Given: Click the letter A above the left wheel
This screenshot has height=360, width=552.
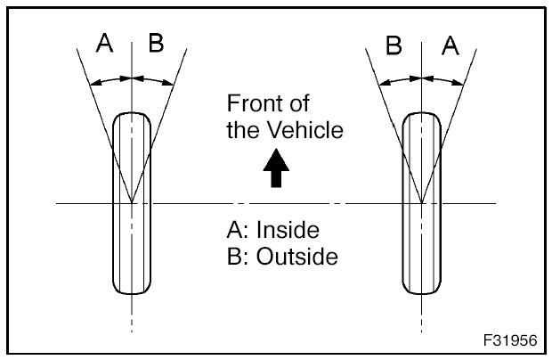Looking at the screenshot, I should click(105, 44).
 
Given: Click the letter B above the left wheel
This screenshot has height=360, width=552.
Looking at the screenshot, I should click(156, 44).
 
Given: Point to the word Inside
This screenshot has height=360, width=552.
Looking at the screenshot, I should click(287, 230).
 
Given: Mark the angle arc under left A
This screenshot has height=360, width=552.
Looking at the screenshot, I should click(112, 81).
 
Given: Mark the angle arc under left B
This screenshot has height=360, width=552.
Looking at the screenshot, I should click(152, 80).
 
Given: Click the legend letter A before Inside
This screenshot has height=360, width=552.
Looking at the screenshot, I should click(235, 230).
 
